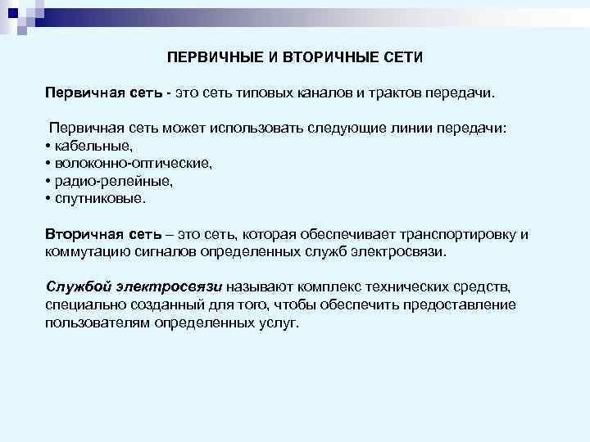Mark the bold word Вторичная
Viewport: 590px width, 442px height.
(79, 235)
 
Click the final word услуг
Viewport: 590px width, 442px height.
(277, 322)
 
